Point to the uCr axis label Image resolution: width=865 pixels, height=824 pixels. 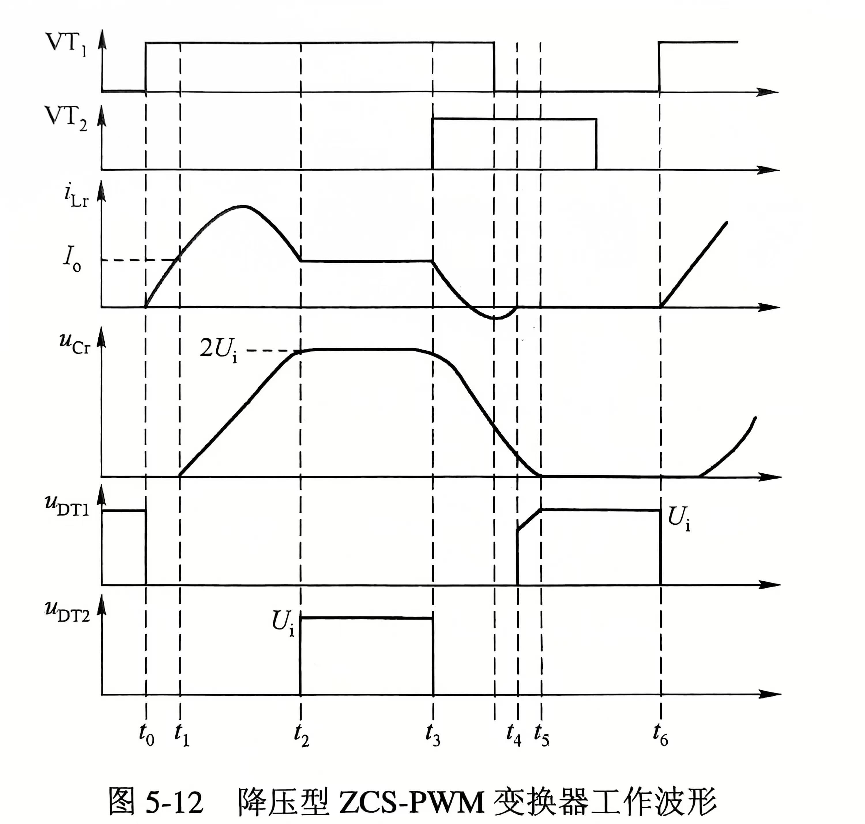[x=75, y=343]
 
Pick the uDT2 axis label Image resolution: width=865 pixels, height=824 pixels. [x=67, y=613]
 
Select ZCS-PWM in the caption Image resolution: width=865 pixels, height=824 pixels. [x=411, y=802]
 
